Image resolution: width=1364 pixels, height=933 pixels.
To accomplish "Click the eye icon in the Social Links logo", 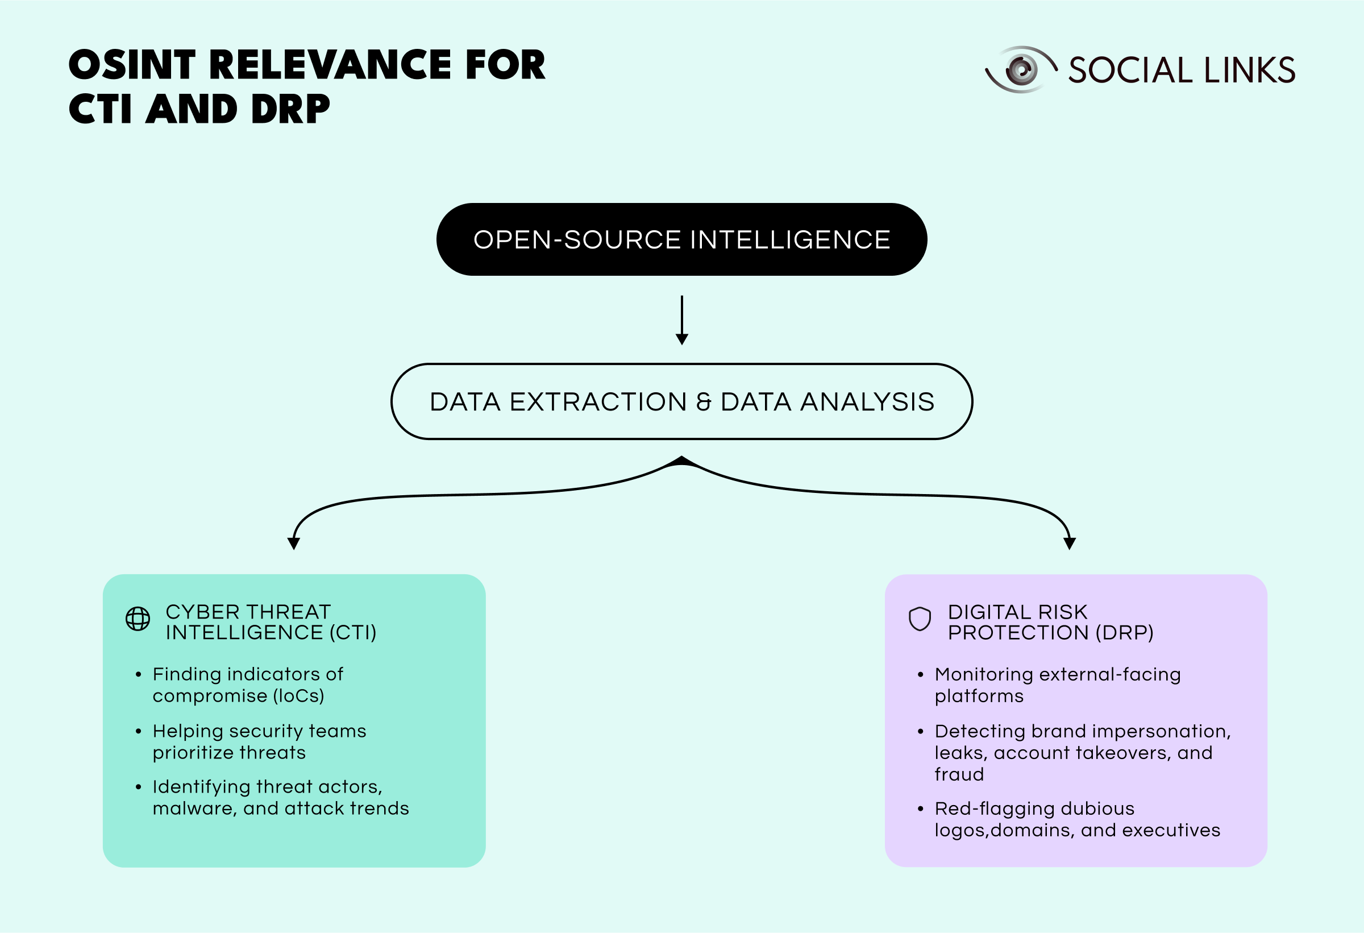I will pyautogui.click(x=1021, y=70).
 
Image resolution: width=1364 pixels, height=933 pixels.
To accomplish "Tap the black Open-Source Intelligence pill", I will pyautogui.click(x=681, y=239).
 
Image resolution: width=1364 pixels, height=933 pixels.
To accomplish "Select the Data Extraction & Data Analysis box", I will pyautogui.click(x=681, y=401).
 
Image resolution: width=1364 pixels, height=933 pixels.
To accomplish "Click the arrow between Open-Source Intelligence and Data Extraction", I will pyautogui.click(x=681, y=320).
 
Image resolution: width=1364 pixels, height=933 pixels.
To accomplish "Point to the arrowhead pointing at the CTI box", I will pyautogui.click(x=293, y=543).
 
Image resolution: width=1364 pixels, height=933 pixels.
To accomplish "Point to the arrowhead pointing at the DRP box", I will pyautogui.click(x=1070, y=543).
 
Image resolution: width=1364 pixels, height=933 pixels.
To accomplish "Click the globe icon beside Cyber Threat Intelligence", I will pyautogui.click(x=138, y=619).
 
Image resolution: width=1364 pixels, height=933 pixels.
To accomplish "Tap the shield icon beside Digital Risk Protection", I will pyautogui.click(x=920, y=619).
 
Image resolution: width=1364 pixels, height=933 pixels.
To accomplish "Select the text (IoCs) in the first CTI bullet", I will pyautogui.click(x=298, y=696).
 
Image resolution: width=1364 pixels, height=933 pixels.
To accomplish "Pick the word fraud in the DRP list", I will pyautogui.click(x=959, y=774).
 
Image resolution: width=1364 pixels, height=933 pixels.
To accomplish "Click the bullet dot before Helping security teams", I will pyautogui.click(x=139, y=732).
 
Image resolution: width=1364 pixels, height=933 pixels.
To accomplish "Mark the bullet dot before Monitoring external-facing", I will pyautogui.click(x=920, y=675).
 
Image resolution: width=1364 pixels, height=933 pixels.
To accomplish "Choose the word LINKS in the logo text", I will pyautogui.click(x=1250, y=71).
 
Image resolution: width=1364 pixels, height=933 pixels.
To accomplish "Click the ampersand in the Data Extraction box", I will pyautogui.click(x=703, y=402).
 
